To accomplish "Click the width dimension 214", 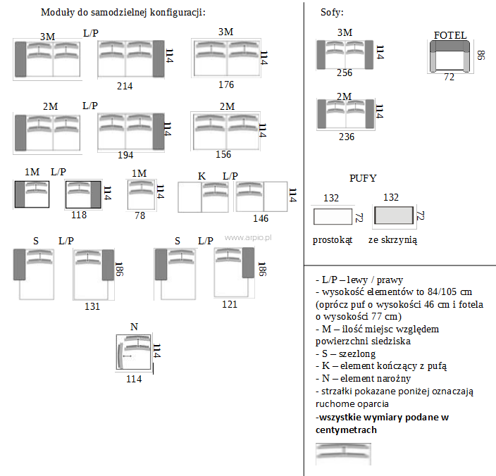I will pyautogui.click(x=125, y=86).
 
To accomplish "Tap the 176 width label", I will pyautogui.click(x=225, y=85).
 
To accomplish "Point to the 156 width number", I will pyautogui.click(x=223, y=154).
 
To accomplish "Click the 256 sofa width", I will pyautogui.click(x=345, y=73).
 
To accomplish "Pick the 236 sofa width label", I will pyautogui.click(x=345, y=137).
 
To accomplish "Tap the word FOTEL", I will pyautogui.click(x=450, y=36).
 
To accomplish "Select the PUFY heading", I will pyautogui.click(x=362, y=179).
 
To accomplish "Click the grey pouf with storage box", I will pyautogui.click(x=393, y=215).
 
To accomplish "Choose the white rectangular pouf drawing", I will pyautogui.click(x=332, y=215).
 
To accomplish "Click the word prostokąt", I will pyautogui.click(x=332, y=240).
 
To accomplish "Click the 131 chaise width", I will pyautogui.click(x=92, y=306).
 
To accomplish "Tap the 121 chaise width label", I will pyautogui.click(x=229, y=304).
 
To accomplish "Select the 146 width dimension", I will pyautogui.click(x=261, y=218).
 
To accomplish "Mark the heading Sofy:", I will pyautogui.click(x=332, y=13).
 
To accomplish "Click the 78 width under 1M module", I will pyautogui.click(x=139, y=215).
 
